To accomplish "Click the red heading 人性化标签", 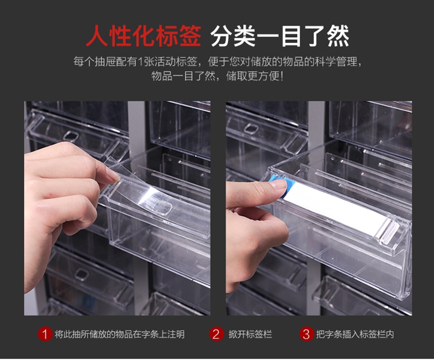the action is click(144, 36).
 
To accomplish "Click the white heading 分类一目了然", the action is click(279, 36).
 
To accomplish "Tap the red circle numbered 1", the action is click(45, 334).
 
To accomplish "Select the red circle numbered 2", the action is click(216, 334).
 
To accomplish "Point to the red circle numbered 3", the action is click(306, 334).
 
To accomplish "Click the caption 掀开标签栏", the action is click(250, 335).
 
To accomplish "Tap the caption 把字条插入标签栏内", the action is click(355, 335).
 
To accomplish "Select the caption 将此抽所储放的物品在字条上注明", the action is click(120, 335).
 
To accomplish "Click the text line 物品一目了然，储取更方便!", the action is click(218, 76).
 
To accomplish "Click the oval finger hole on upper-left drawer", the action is click(71, 136).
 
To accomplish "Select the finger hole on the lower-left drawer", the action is click(82, 274).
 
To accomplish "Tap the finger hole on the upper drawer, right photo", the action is click(251, 128).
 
